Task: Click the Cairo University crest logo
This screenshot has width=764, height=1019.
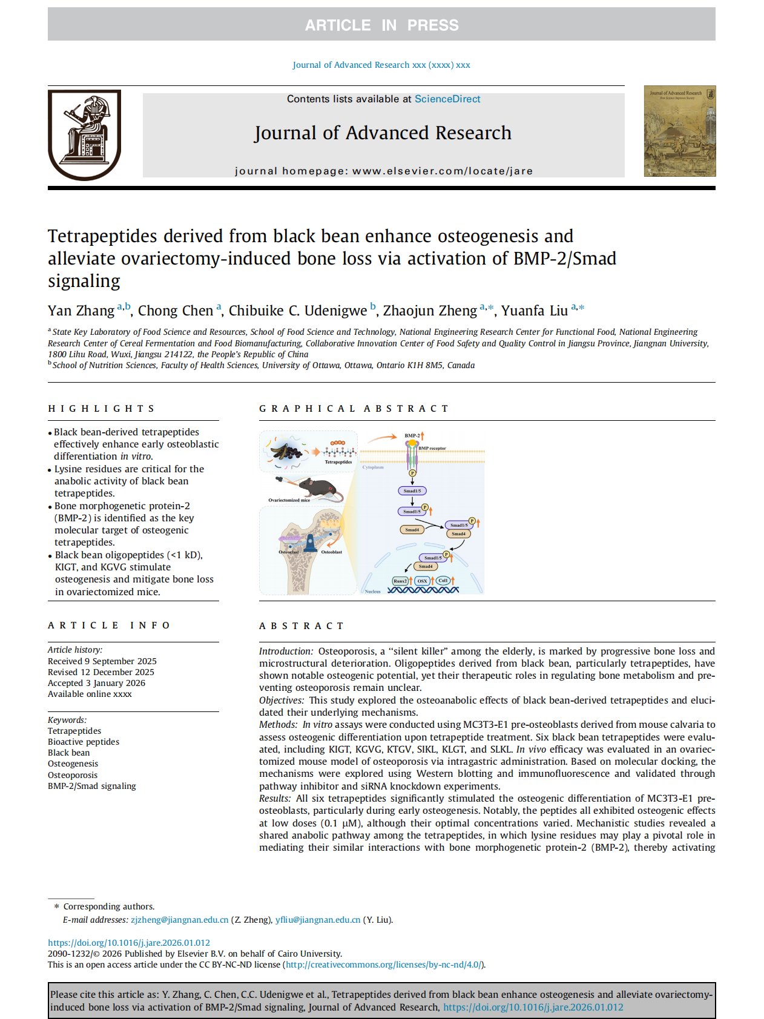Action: [x=84, y=134]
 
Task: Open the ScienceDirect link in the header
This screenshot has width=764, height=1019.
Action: [x=447, y=99]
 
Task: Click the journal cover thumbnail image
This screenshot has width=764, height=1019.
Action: [x=679, y=131]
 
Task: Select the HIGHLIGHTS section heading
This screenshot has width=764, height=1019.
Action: [x=102, y=409]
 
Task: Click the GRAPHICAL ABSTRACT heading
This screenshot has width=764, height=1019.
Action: [x=354, y=409]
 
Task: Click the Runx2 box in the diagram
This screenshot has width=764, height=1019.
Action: [x=400, y=581]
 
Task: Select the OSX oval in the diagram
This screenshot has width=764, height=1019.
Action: [x=422, y=581]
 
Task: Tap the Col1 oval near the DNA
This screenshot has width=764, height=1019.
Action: [x=443, y=580]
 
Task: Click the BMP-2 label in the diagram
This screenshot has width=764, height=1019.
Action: [x=412, y=435]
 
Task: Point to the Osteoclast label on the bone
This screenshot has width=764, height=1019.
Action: [x=288, y=552]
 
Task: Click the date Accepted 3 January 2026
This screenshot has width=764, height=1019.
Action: [x=96, y=683]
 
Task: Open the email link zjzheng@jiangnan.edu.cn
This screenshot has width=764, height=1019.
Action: [x=179, y=920]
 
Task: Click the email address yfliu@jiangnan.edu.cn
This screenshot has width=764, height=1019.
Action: [x=317, y=920]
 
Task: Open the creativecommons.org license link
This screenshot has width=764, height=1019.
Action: [x=384, y=965]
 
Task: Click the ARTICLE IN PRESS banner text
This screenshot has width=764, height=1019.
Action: [x=381, y=25]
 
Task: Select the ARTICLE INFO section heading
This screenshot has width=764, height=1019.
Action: [x=110, y=625]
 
